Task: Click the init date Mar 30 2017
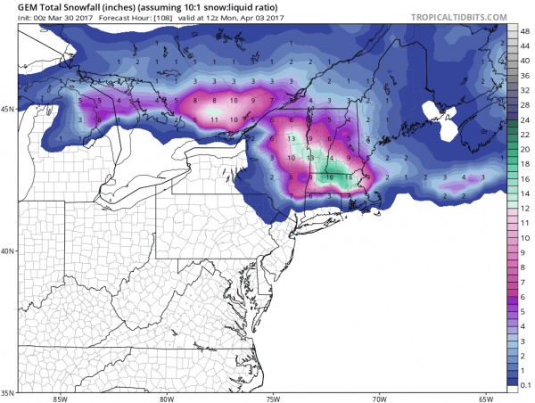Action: pos(56,20)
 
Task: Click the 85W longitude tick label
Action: pos(61,399)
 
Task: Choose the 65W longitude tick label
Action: pos(485,399)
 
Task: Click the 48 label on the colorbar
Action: pos(525,29)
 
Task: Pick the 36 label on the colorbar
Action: pos(525,76)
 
